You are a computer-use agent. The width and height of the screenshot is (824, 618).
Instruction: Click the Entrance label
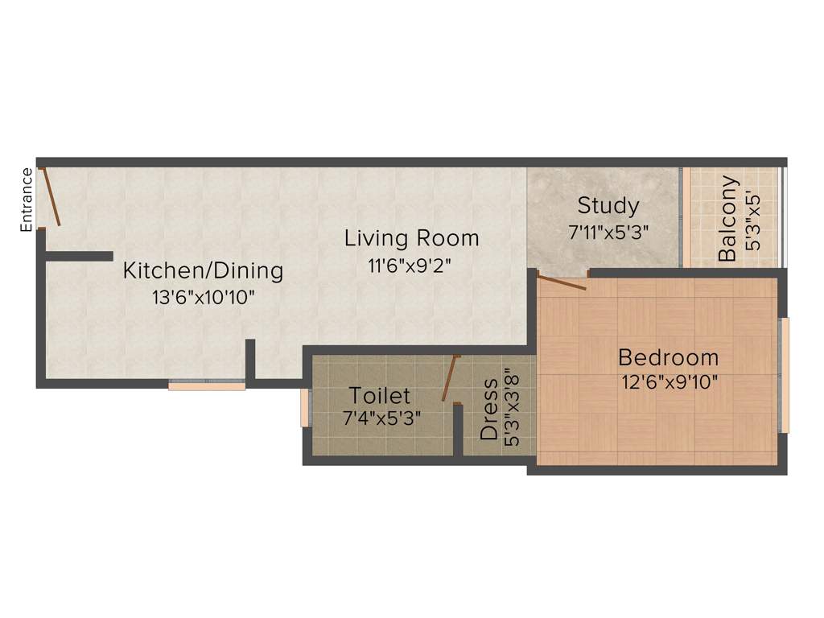(27, 200)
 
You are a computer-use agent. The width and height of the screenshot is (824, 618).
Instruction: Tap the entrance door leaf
(51, 196)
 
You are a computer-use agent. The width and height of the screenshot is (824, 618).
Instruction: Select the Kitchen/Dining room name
(203, 270)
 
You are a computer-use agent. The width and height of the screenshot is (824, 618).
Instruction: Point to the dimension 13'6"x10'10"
(203, 297)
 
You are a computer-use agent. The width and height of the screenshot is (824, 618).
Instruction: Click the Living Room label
(412, 238)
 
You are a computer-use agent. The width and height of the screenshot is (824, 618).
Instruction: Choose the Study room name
(608, 205)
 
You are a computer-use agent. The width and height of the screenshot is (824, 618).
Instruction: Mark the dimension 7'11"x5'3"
(608, 230)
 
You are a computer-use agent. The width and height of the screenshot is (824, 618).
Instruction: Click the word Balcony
(727, 218)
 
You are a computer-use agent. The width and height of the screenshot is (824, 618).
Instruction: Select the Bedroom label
(668, 356)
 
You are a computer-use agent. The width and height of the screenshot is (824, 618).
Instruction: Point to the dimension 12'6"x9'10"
(669, 382)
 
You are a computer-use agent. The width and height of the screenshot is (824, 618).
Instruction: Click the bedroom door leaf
(562, 282)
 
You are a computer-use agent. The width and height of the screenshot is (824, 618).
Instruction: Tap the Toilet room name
(379, 395)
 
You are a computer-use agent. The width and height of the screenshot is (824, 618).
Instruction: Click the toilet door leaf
(449, 378)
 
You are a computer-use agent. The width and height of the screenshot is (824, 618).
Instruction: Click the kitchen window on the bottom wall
(207, 385)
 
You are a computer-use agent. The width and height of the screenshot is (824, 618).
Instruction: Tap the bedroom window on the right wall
(785, 375)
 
